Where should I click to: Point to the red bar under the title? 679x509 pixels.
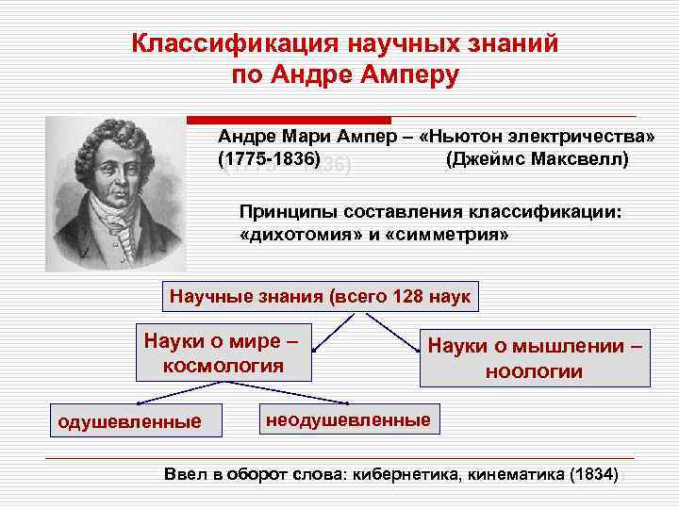click(x=289, y=120)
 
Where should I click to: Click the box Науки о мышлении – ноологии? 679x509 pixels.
click(x=535, y=358)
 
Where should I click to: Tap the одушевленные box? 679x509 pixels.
click(x=130, y=421)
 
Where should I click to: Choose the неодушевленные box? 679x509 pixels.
click(x=348, y=419)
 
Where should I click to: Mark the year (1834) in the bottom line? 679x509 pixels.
click(x=592, y=474)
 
